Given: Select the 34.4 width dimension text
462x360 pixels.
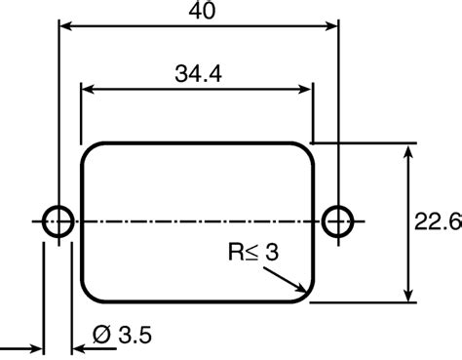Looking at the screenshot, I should coord(197,72).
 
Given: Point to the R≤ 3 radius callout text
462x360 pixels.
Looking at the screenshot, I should coord(254,253).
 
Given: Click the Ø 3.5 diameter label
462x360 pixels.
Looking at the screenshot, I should coord(120,337).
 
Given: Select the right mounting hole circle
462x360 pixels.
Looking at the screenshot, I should coord(337,220).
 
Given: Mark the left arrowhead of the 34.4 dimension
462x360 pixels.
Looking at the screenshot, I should coord(87,90).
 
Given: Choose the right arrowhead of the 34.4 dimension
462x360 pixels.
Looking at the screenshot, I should coord(307,90).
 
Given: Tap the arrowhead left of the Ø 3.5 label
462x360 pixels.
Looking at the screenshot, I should coord(37,347).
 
